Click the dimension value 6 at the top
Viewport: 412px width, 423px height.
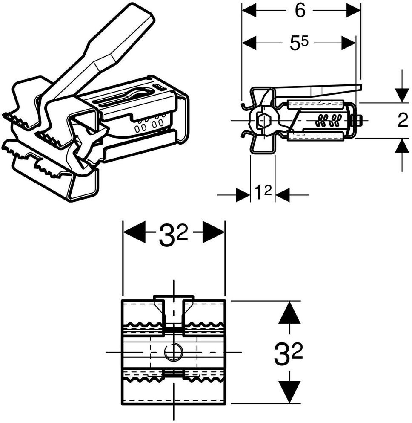point(300,11)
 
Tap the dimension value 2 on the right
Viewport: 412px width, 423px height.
point(403,120)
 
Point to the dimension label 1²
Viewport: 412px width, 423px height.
point(263,193)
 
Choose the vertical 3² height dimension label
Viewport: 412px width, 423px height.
point(288,353)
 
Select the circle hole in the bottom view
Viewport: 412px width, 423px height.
point(174,352)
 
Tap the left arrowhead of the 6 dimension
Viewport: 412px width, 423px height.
point(249,11)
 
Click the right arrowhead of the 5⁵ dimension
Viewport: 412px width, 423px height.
point(349,43)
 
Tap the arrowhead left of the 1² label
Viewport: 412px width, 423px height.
point(243,194)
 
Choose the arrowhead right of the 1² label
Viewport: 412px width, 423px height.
point(283,194)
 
